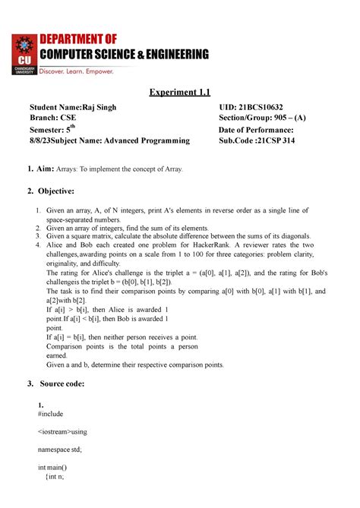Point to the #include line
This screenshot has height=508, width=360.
click(51, 415)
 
